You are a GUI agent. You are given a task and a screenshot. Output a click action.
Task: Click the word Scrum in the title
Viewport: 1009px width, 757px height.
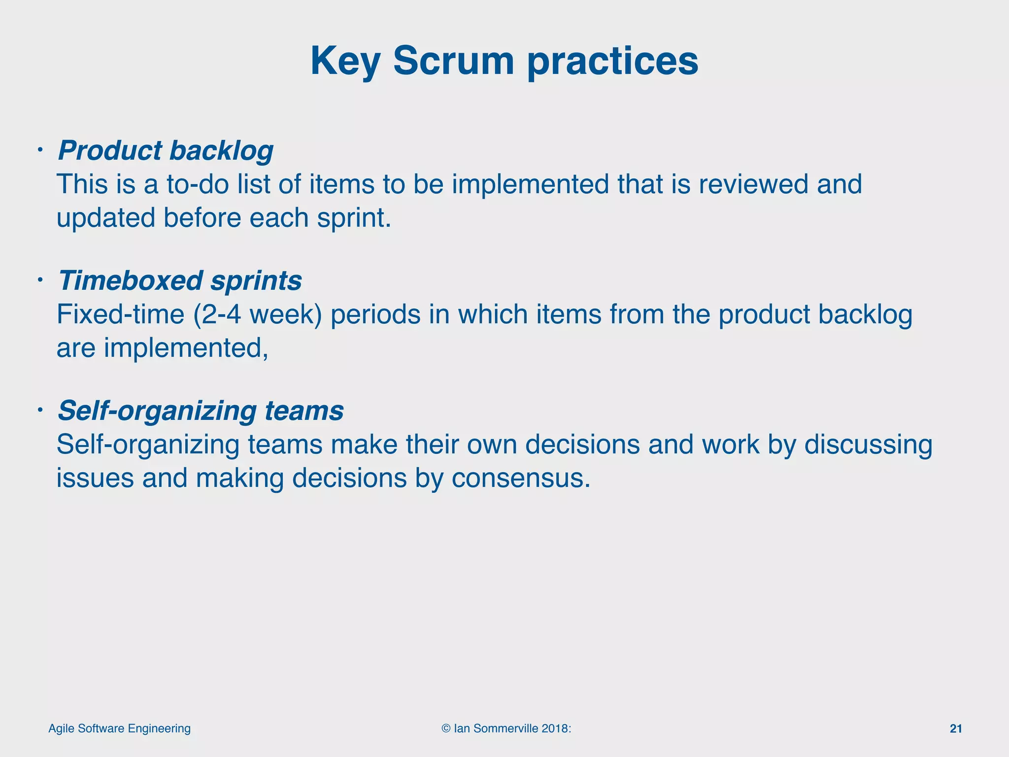tap(453, 61)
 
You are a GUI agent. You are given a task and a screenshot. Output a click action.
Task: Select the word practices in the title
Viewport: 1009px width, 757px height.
tap(612, 62)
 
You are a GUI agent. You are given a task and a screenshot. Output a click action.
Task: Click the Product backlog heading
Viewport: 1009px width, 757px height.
tap(166, 150)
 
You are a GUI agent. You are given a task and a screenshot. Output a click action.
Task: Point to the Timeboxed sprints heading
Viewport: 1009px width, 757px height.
tap(180, 280)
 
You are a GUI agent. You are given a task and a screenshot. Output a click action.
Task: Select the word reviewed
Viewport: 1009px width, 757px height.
tap(754, 184)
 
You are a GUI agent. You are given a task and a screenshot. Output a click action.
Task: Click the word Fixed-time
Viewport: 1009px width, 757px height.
tap(120, 314)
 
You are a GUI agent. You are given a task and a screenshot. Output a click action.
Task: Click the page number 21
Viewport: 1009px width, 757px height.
tap(956, 729)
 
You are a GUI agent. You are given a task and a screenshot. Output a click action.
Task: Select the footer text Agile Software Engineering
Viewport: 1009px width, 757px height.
tap(119, 729)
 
